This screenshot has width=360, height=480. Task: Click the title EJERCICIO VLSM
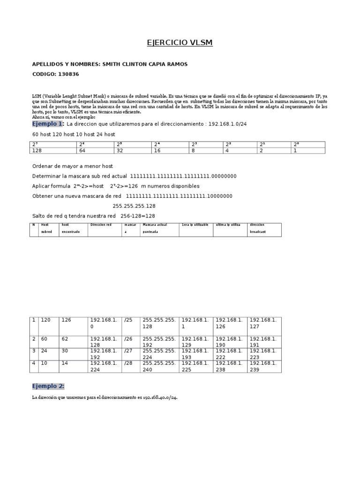[180, 43]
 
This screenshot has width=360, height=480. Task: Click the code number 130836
[72, 74]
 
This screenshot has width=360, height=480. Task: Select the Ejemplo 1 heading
[47, 124]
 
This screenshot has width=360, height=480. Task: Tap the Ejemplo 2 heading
[48, 386]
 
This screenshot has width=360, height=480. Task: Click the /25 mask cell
[127, 320]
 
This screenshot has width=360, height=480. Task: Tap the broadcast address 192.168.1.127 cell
[263, 323]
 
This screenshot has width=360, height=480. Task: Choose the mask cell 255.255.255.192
[159, 342]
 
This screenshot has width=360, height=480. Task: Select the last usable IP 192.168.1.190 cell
[230, 342]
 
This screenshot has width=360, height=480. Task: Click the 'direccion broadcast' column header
[258, 229]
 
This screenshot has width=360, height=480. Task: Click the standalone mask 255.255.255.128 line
[134, 206]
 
